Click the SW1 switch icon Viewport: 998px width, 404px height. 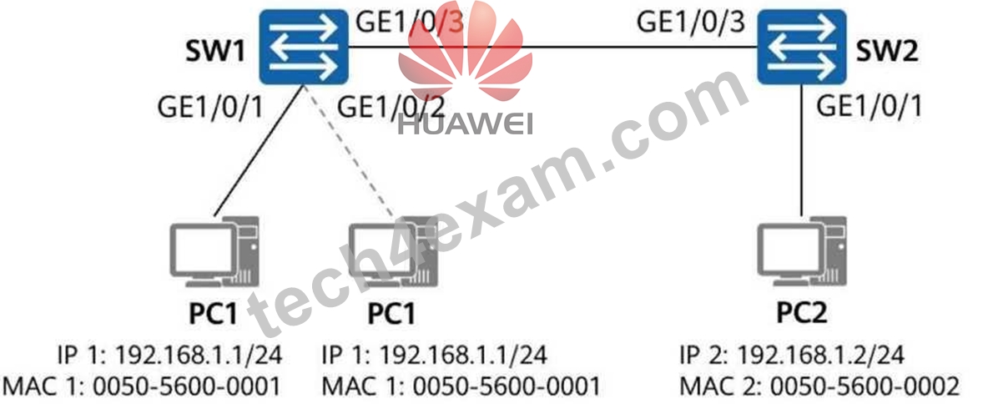pos(304,47)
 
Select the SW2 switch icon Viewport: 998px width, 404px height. pos(801,47)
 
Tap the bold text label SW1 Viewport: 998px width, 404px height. pos(215,53)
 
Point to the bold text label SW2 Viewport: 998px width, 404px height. pos(887,53)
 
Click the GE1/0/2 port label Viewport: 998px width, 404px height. pos(390,107)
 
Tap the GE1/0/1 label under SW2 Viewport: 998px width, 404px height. pos(869,107)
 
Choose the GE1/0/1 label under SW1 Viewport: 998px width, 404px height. pos(210,107)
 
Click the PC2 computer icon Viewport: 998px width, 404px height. pos(802,253)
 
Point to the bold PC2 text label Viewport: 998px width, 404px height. pos(802,313)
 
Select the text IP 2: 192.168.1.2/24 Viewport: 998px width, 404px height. pos(793,355)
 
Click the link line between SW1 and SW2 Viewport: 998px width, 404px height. pos(552,47)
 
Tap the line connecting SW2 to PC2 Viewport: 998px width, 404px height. pos(801,150)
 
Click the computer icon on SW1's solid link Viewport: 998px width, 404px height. pos(214,253)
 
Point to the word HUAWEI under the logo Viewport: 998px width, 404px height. pos(466,124)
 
